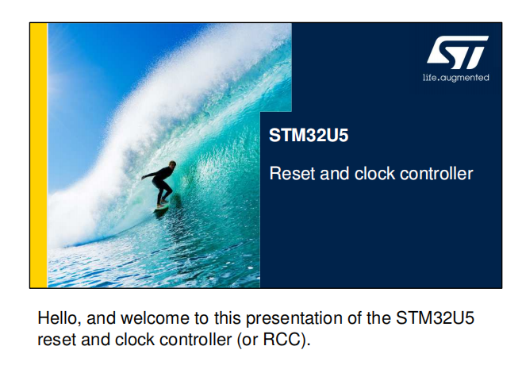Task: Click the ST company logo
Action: (458, 52)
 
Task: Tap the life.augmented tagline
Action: (455, 78)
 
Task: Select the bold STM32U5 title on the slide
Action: (309, 135)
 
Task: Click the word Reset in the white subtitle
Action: (292, 174)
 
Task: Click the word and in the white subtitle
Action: (335, 174)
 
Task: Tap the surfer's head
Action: (172, 164)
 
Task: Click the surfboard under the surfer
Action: (161, 207)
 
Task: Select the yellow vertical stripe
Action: (39, 156)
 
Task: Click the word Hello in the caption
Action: (59, 318)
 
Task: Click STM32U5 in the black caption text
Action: (435, 318)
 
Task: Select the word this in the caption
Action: (227, 318)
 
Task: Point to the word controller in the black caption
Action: (195, 340)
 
